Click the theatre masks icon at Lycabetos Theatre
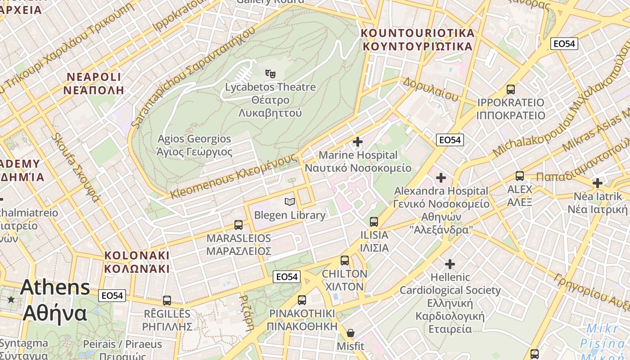click(270, 73)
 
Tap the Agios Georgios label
click(194, 145)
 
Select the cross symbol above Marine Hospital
click(358, 142)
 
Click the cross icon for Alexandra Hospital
click(441, 178)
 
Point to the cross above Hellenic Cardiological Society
click(450, 264)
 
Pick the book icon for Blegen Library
click(290, 202)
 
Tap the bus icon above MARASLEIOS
click(238, 225)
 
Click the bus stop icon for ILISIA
click(374, 221)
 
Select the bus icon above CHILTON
click(345, 260)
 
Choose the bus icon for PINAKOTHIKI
click(302, 300)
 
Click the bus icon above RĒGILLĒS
click(167, 300)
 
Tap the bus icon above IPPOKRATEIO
click(511, 89)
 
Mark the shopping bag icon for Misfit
click(351, 333)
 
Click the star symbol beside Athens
click(11, 299)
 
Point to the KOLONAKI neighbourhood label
click(137, 262)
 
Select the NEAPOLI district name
click(94, 83)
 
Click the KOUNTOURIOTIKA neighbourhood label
click(418, 40)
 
